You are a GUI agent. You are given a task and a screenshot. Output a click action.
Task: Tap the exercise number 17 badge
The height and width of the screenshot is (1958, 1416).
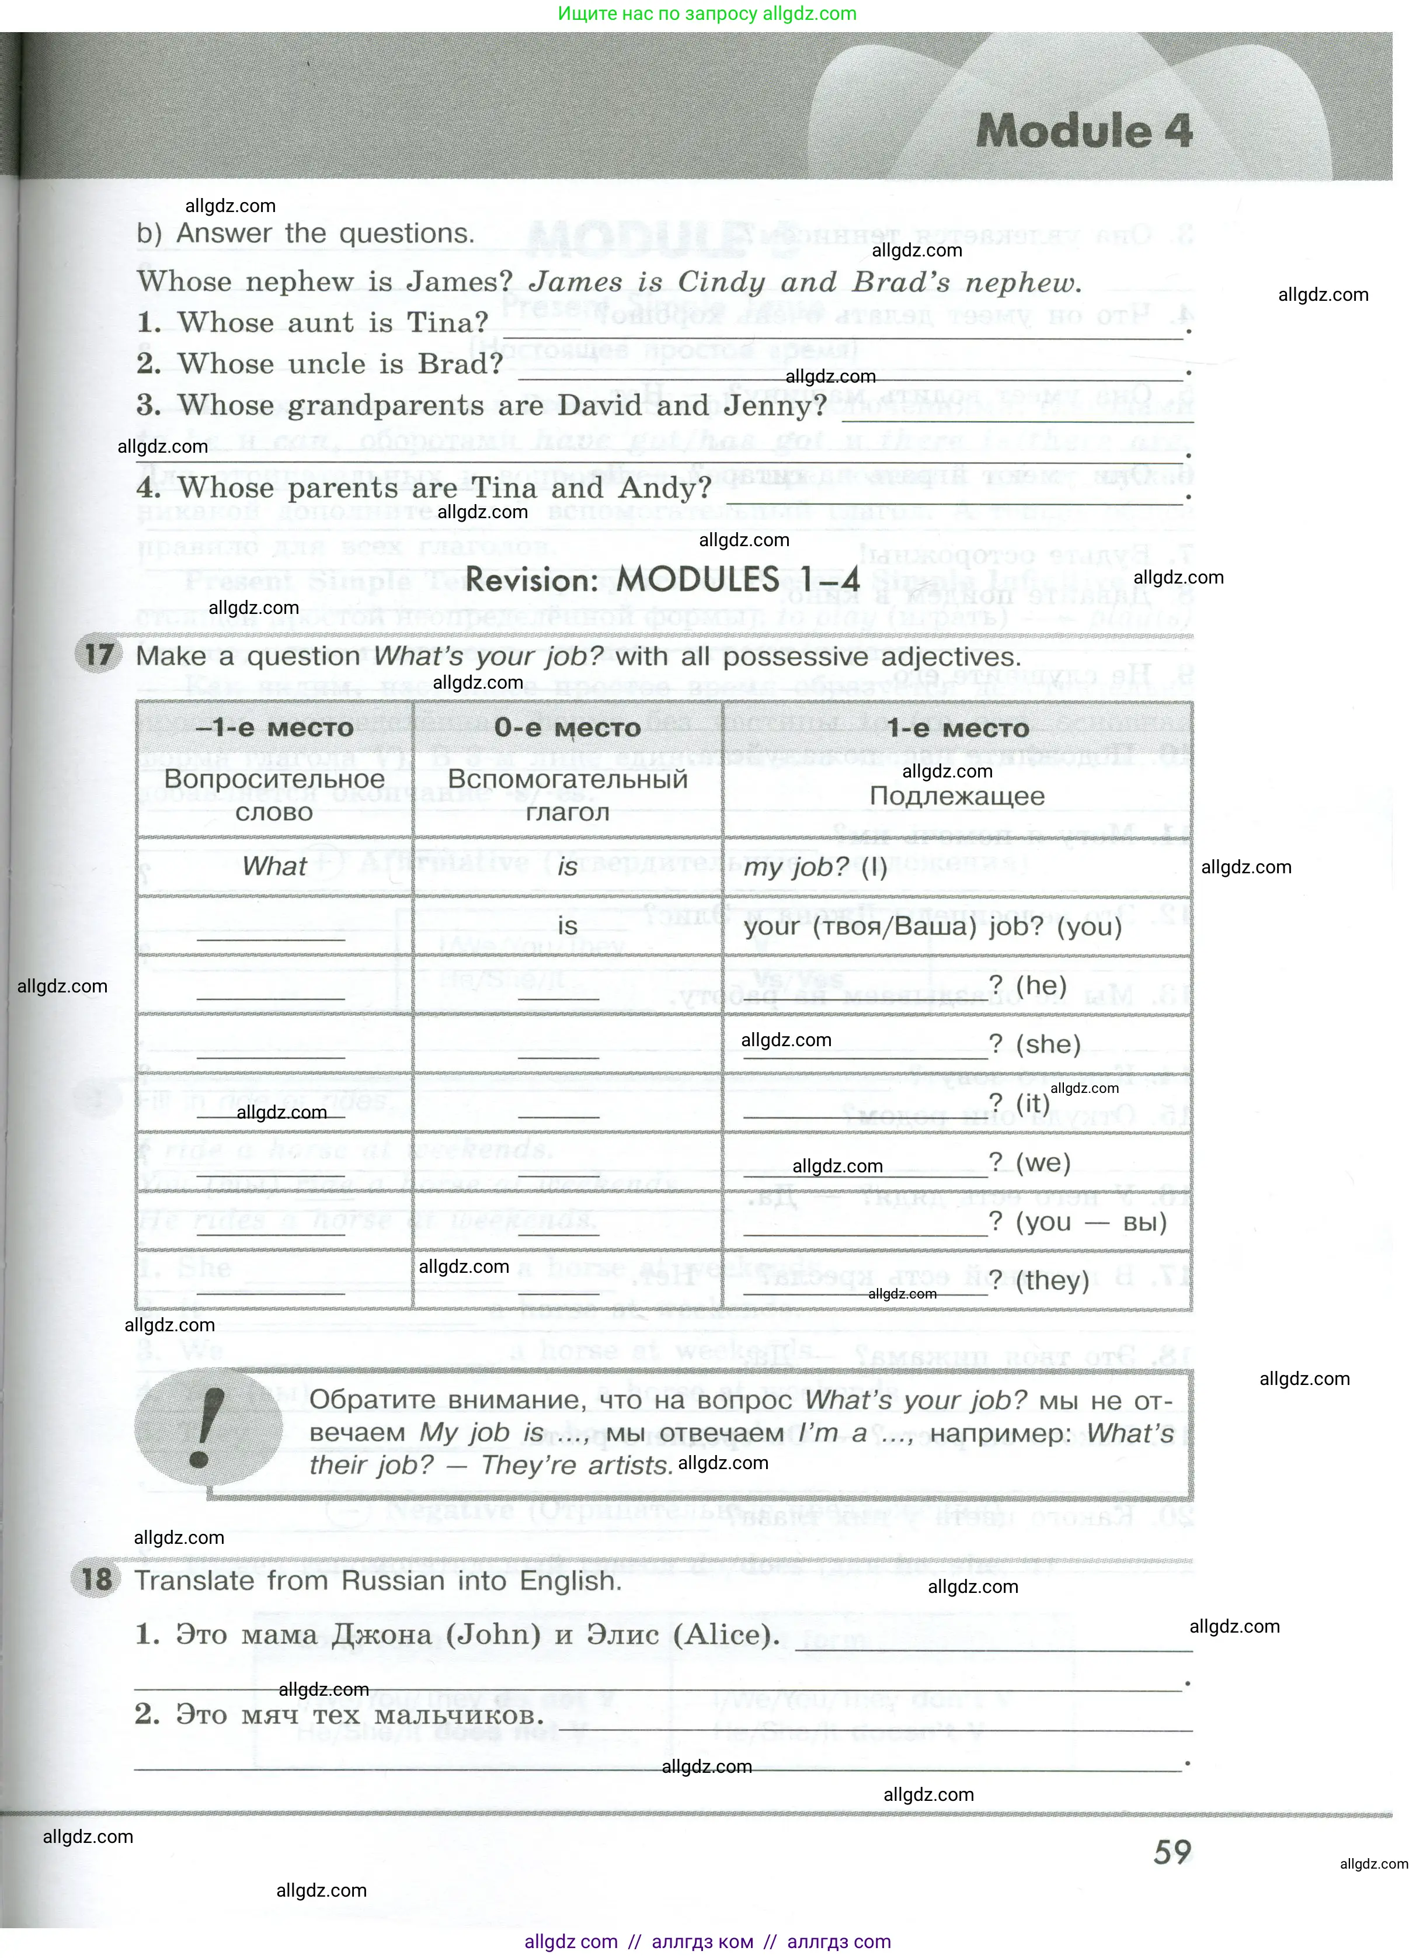[98, 654]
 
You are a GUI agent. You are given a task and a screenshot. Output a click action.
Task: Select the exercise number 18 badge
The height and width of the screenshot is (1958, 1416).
[96, 1579]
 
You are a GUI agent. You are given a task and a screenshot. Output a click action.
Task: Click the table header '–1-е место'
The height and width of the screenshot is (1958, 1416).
[274, 728]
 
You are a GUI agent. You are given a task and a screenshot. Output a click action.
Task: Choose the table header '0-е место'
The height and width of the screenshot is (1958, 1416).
[567, 728]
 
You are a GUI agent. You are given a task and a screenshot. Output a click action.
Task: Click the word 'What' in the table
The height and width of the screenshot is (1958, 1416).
[274, 866]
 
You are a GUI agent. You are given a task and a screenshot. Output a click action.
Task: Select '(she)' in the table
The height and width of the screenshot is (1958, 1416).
[1048, 1044]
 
